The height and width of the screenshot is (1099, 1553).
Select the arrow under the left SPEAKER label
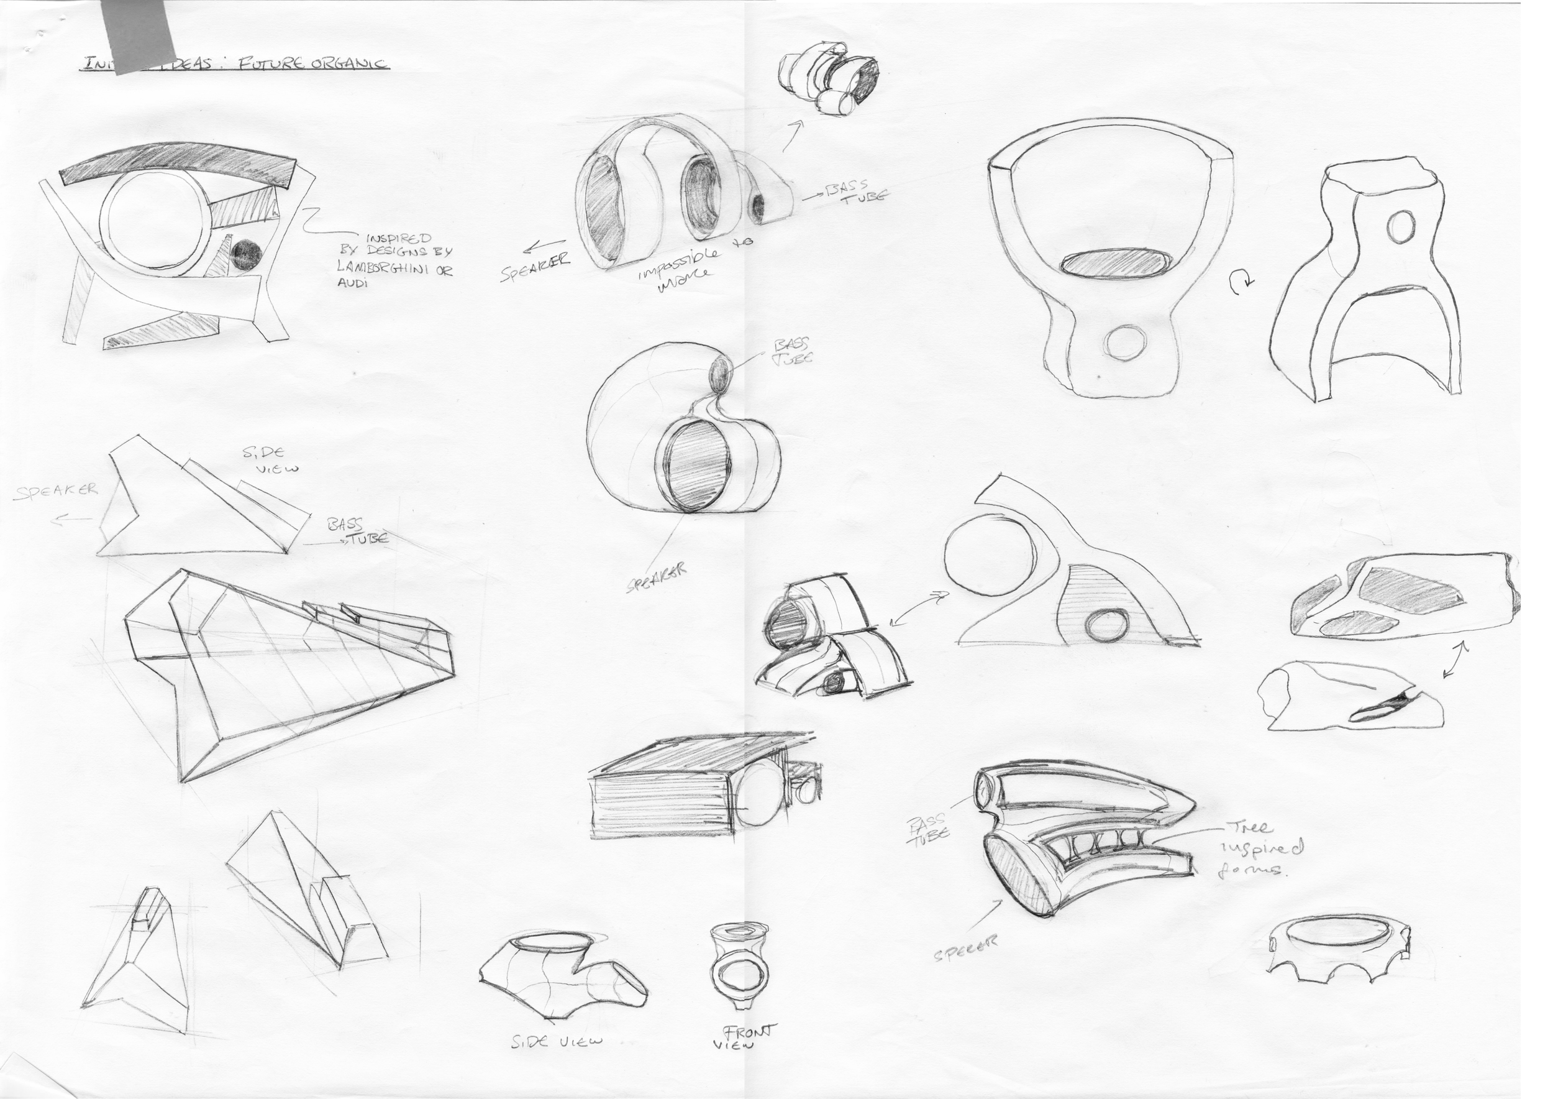tap(73, 519)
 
